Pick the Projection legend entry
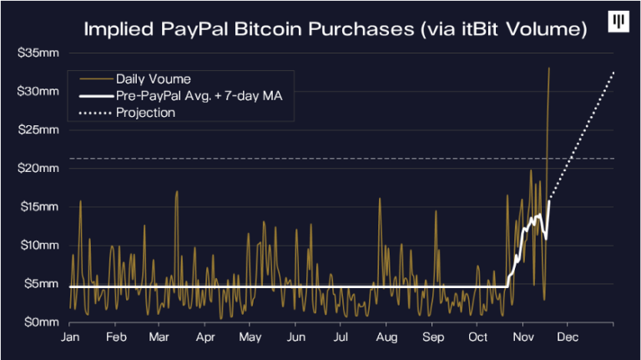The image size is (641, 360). click(x=146, y=113)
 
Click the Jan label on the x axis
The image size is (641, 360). click(x=71, y=338)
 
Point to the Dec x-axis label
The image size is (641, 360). click(x=568, y=338)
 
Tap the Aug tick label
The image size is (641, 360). click(x=386, y=338)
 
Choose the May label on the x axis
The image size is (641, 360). click(x=250, y=338)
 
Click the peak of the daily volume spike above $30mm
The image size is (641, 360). click(x=548, y=68)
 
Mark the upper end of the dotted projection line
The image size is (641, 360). click(x=613, y=73)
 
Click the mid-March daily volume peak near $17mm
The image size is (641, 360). click(x=177, y=192)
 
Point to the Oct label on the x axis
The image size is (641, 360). click(x=477, y=338)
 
